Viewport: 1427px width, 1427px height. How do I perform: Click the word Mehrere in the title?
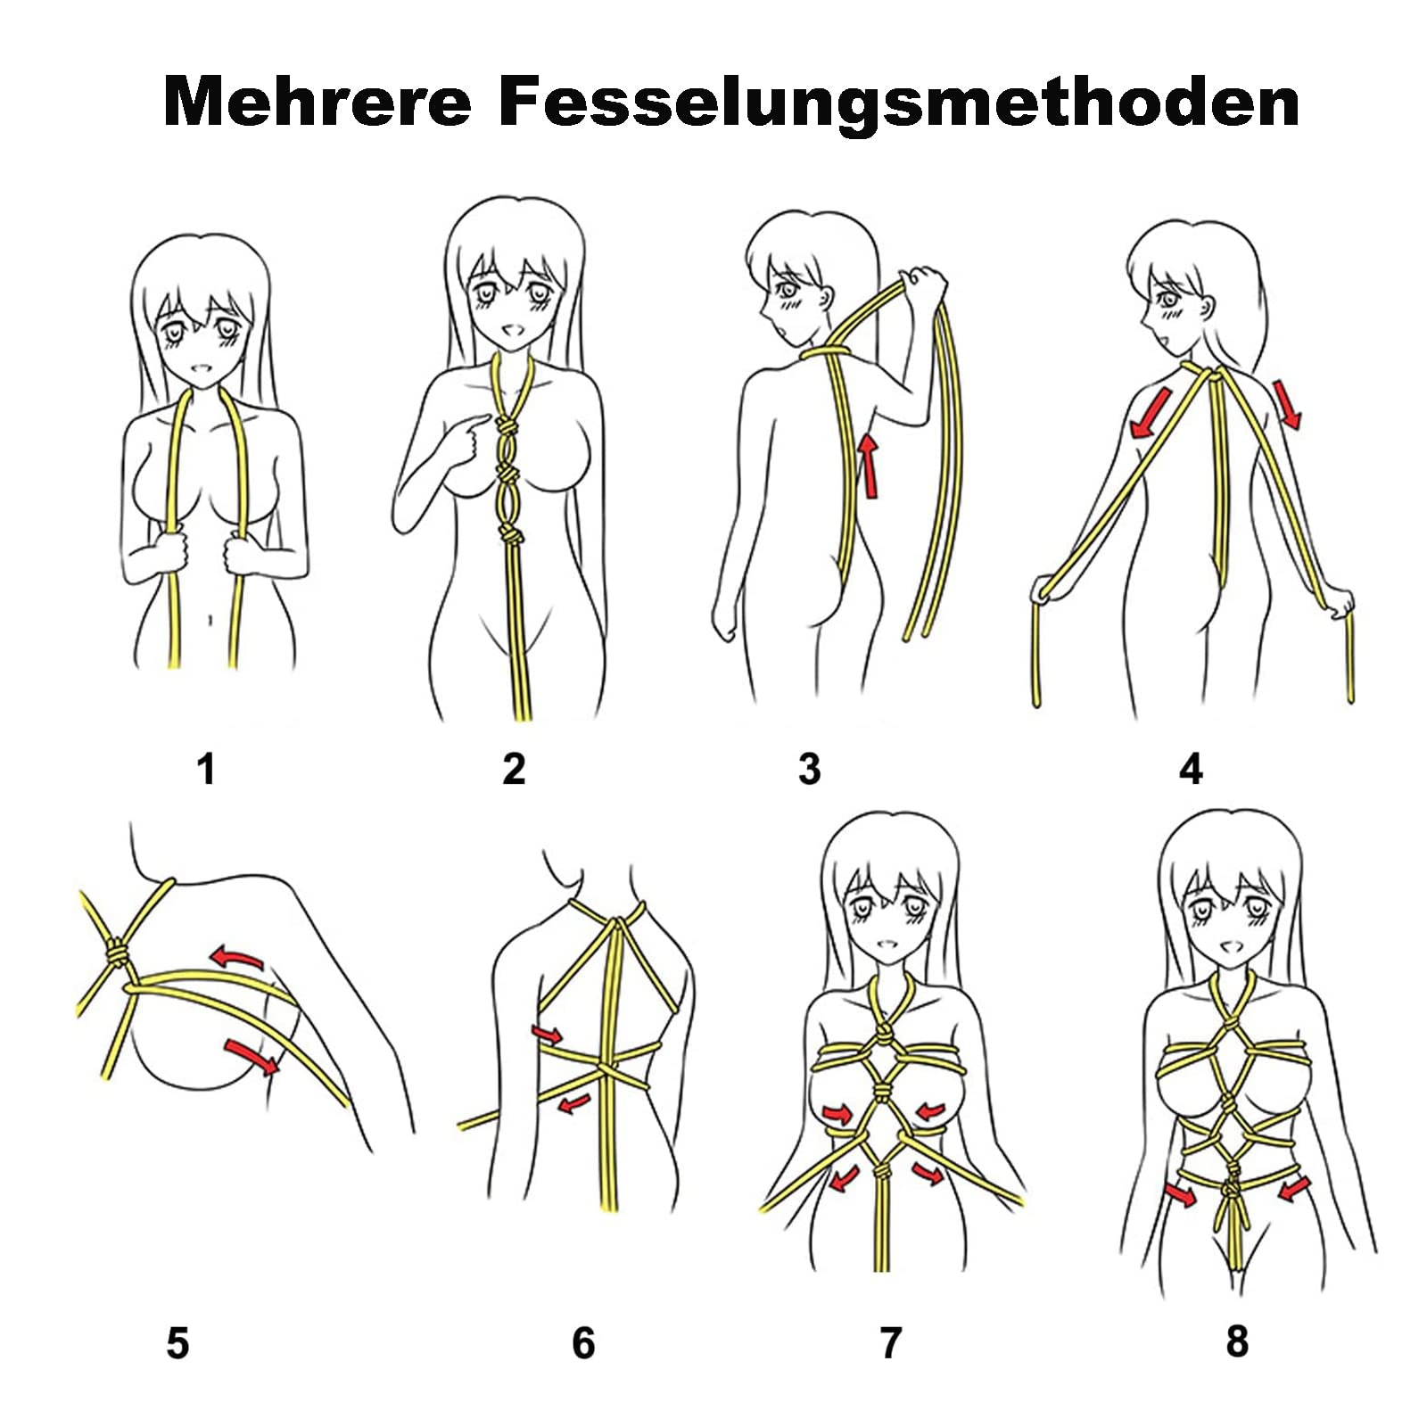click(318, 101)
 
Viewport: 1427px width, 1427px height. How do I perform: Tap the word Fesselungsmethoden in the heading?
click(898, 101)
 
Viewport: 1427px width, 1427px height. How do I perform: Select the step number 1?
click(207, 769)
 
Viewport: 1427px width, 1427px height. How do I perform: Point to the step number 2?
click(515, 769)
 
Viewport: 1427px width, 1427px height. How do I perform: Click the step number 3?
click(809, 769)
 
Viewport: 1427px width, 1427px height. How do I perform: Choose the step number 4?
click(1192, 769)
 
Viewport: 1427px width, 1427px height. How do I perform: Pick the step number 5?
click(177, 1343)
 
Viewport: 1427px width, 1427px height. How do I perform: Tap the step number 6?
click(583, 1343)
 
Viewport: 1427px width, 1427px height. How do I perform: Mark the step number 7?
click(891, 1343)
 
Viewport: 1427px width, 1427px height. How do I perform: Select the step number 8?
click(1237, 1341)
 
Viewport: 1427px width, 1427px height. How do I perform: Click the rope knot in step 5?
click(116, 954)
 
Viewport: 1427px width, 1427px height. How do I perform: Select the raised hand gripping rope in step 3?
click(924, 285)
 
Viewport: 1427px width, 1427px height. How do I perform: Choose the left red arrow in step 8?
click(1183, 1193)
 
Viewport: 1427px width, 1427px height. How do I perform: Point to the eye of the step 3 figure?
click(787, 290)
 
